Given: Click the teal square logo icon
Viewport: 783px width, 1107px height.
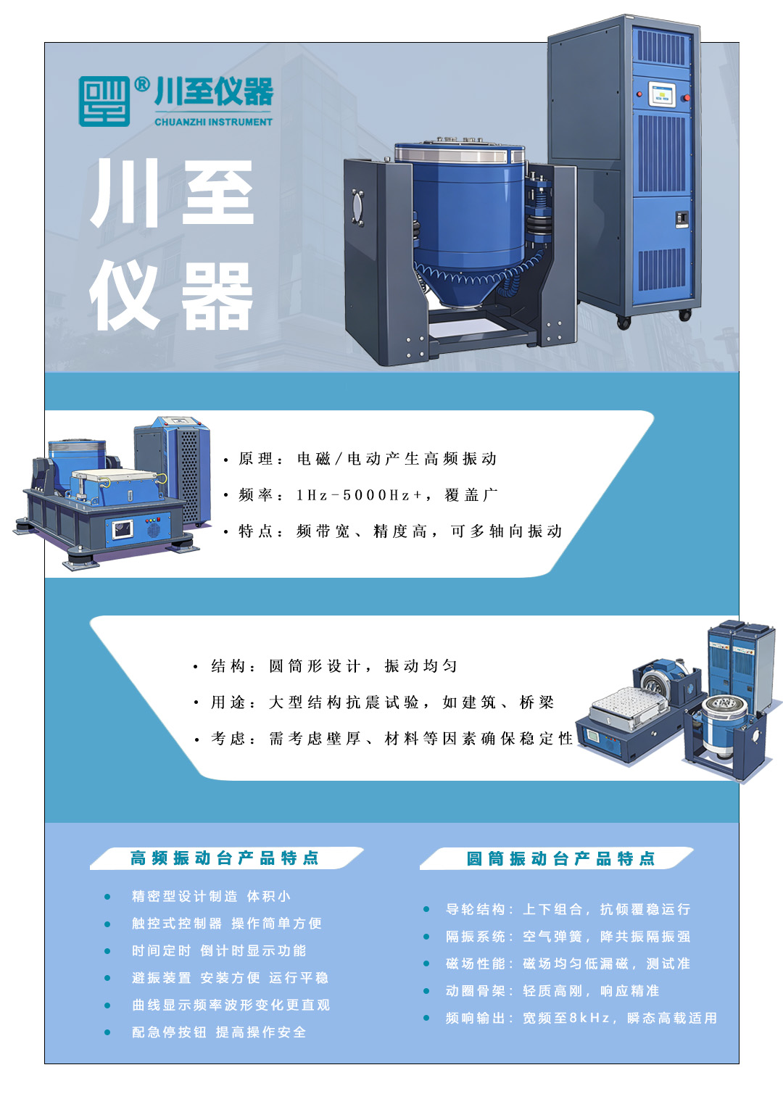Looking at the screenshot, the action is (x=104, y=101).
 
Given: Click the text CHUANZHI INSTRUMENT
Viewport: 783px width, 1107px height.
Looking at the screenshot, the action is (x=214, y=122).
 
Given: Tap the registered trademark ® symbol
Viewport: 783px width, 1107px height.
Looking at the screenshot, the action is (x=142, y=85).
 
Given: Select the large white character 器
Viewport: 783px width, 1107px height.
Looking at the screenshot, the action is (x=217, y=296).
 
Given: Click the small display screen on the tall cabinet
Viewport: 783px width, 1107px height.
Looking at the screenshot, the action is (x=662, y=94).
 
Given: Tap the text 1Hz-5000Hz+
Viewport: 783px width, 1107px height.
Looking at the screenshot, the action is (x=359, y=495).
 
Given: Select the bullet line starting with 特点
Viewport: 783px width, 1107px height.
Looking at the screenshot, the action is (x=392, y=531).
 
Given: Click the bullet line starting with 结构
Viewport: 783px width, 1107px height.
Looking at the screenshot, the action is (x=326, y=666).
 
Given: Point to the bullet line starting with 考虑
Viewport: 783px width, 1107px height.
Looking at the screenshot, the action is (x=383, y=738).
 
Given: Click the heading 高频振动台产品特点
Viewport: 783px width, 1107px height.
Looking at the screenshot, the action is (x=225, y=858).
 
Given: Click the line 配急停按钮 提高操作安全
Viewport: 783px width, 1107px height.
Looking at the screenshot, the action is (x=219, y=1032).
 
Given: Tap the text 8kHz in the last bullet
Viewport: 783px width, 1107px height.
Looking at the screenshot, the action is (x=589, y=1018).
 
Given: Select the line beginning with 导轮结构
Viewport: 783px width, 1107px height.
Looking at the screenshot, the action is (x=568, y=909).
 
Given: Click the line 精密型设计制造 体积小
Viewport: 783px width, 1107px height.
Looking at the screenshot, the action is (x=211, y=896).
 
